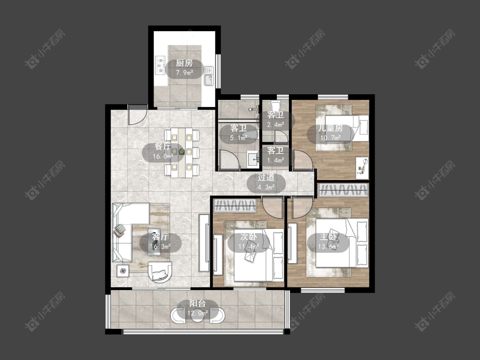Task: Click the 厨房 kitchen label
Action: point(184,64)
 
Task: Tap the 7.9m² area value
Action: point(184,73)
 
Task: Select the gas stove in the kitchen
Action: point(160,65)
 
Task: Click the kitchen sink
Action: point(209,75)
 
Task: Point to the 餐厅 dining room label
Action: point(163,147)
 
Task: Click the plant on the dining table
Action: point(182,151)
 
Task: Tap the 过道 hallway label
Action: point(266,177)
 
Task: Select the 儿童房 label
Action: point(330,128)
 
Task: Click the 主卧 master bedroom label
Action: point(328,237)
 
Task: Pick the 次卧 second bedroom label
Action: point(249,237)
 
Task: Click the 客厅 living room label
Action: point(160,237)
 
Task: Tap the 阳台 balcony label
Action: point(198,304)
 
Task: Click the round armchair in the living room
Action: point(160,272)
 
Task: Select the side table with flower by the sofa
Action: point(123,270)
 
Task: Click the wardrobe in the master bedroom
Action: point(343,190)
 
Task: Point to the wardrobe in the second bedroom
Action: point(235,206)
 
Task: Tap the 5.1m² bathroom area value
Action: point(239,138)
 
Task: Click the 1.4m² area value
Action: point(276,160)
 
